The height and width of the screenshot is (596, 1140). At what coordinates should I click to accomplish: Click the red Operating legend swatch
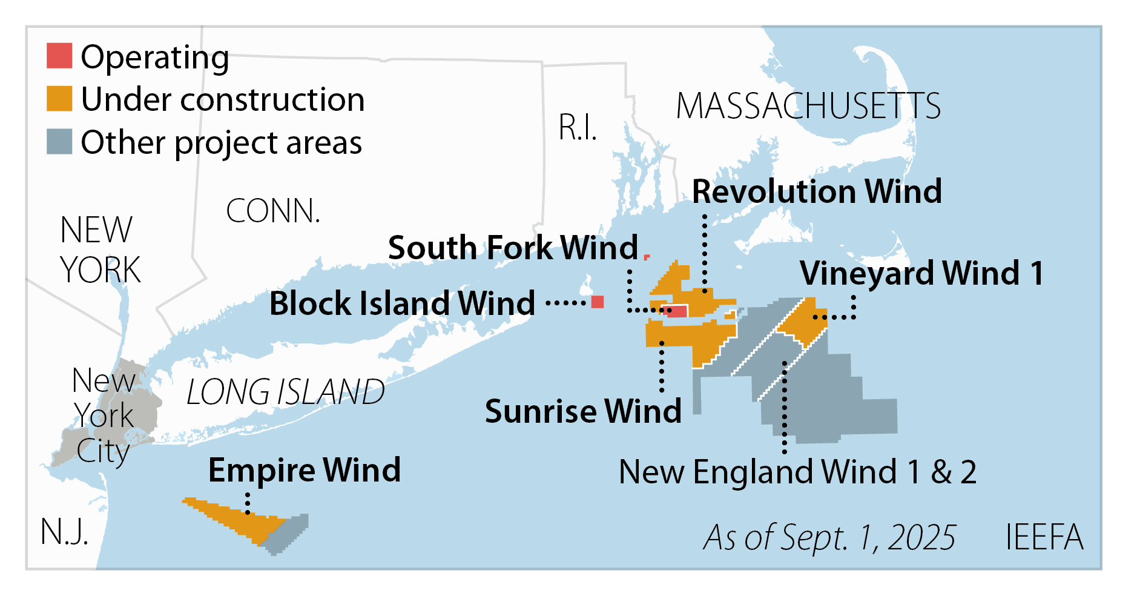coord(59,56)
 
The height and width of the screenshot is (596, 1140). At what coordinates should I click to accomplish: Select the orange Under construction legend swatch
coord(59,99)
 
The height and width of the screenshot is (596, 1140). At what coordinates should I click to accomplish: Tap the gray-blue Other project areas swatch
coord(59,141)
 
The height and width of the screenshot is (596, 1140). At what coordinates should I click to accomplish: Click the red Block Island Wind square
coord(598,302)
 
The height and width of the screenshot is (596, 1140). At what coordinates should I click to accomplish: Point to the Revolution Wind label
coord(817,191)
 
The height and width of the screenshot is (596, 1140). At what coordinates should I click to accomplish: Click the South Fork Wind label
coord(513,248)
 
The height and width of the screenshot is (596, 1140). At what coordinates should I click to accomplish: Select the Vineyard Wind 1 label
coord(921,273)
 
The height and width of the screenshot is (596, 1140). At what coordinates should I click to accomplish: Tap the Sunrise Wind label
coord(583,411)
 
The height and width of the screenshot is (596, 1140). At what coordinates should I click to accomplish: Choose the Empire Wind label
coord(304,470)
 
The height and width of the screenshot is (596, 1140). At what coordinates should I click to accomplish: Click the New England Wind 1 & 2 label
coord(797,472)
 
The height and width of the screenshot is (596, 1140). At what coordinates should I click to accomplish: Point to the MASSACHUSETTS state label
coord(808,107)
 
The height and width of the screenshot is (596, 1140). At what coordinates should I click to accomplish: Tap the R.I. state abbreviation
coord(577,128)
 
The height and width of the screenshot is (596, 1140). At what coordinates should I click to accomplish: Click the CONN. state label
coord(272,211)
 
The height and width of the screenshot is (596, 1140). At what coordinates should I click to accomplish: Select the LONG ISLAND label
coord(285,392)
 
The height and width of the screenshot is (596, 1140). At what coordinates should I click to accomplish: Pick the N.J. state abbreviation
coord(64,532)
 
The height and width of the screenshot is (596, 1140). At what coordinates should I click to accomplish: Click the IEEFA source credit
coord(1044,537)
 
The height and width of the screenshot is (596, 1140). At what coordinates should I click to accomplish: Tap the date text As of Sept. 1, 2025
coord(829,537)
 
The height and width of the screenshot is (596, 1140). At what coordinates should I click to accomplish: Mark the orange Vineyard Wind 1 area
coord(803,319)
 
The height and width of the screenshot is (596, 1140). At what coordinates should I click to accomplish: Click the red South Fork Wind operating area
coord(677,311)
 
